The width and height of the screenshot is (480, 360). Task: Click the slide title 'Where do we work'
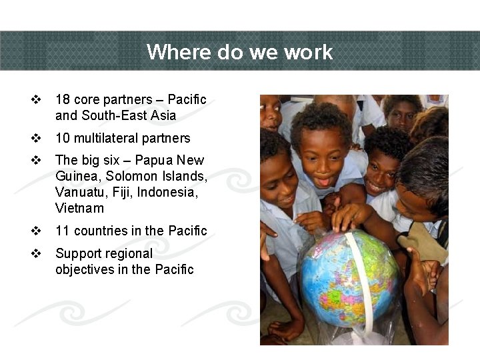(239, 51)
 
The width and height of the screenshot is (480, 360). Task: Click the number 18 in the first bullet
(63, 99)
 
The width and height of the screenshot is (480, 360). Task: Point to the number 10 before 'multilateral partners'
(63, 138)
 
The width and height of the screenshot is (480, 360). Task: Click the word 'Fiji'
(122, 192)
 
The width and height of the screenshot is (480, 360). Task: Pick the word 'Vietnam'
(79, 208)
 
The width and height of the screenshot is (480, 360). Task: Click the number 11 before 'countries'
(63, 231)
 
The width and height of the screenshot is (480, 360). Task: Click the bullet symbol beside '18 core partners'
(37, 99)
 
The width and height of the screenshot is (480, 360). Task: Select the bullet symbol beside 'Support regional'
(37, 253)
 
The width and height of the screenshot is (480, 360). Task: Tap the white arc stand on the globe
(358, 280)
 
